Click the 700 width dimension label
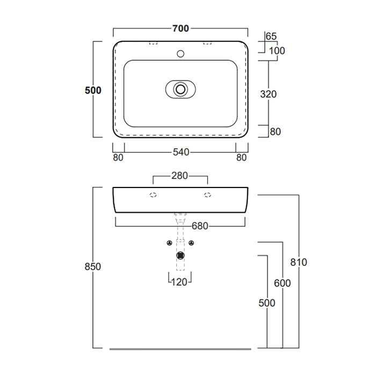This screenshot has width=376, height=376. coord(180,28)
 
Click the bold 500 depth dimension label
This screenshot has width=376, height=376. coord(93,90)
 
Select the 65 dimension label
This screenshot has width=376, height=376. coord(271,37)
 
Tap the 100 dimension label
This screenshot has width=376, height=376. coord(277,51)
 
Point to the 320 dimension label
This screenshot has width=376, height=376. coord(269,94)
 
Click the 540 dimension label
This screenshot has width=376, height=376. coord(181,152)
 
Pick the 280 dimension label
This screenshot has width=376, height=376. coord(179,176)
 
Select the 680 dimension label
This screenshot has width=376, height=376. coord(200,226)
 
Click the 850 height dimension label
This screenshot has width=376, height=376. coord(93,266)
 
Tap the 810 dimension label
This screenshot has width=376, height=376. coord(299,262)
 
